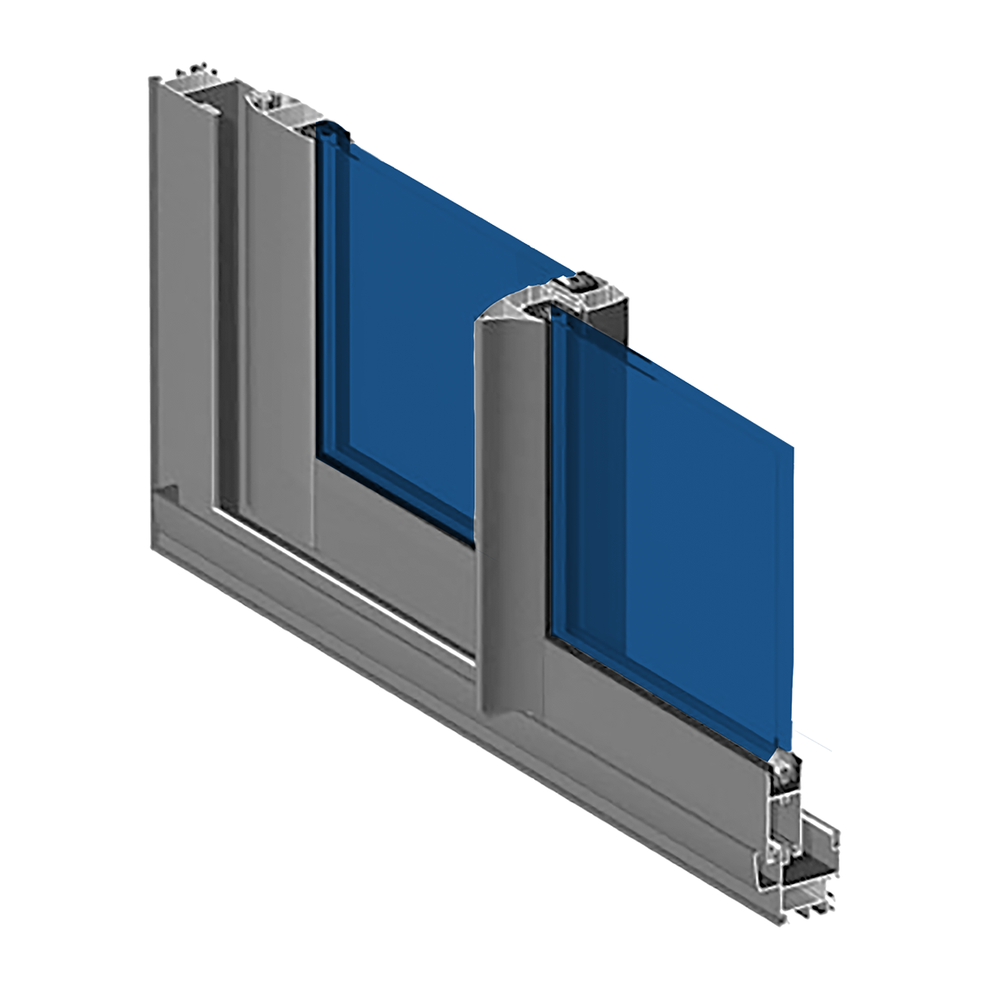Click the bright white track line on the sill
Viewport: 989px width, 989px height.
(x=347, y=582)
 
